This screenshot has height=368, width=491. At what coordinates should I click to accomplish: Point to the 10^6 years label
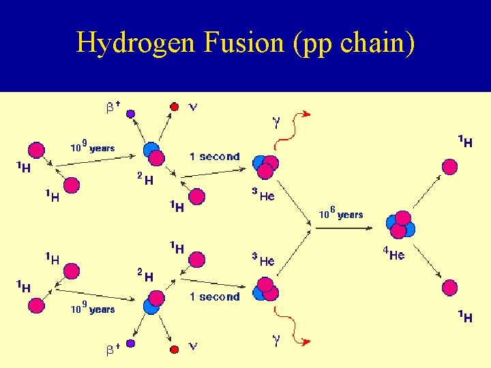click(341, 214)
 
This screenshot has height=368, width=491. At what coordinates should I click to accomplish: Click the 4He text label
click(393, 255)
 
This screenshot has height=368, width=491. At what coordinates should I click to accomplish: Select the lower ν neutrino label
click(193, 346)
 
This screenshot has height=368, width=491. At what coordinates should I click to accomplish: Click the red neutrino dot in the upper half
click(175, 107)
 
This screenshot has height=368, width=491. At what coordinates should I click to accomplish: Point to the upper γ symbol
click(276, 123)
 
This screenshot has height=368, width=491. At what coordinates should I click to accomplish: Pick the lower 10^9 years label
click(93, 308)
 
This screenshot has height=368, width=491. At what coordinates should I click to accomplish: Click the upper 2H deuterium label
click(145, 179)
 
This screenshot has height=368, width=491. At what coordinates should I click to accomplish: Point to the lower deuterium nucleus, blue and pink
click(153, 301)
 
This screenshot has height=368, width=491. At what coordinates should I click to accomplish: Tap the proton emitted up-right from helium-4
click(449, 166)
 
